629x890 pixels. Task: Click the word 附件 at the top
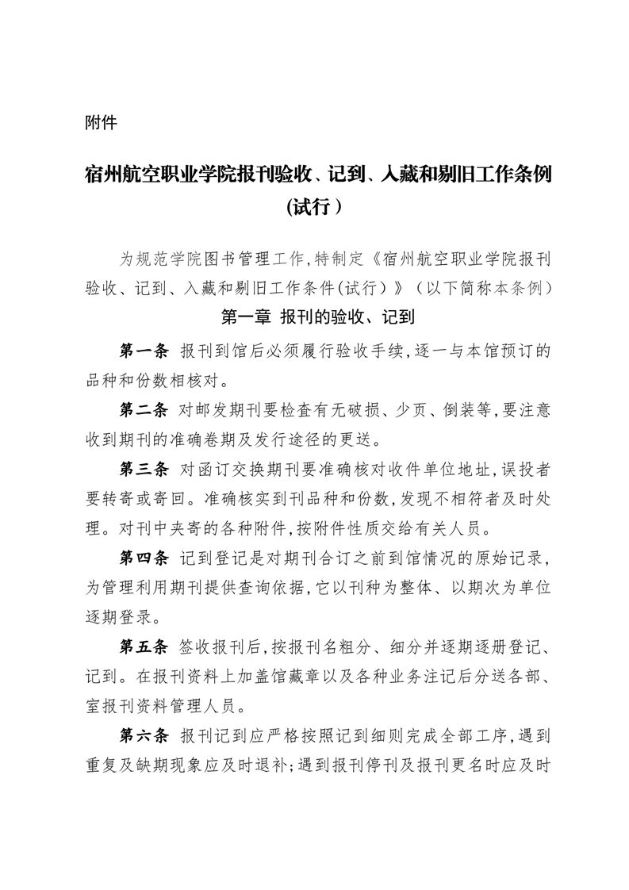tap(101, 123)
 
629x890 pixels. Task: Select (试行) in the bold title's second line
tap(314, 207)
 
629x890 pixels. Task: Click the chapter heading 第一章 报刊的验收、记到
tap(314, 319)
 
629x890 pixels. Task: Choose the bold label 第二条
tap(144, 410)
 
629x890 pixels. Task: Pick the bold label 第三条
tap(144, 470)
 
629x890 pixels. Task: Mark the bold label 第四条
tap(144, 558)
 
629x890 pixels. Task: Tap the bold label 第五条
tap(144, 648)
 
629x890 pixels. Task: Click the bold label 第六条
tap(144, 737)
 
